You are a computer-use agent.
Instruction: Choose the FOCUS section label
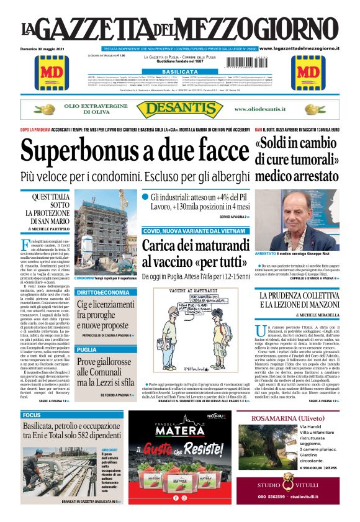coord(32,415)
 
